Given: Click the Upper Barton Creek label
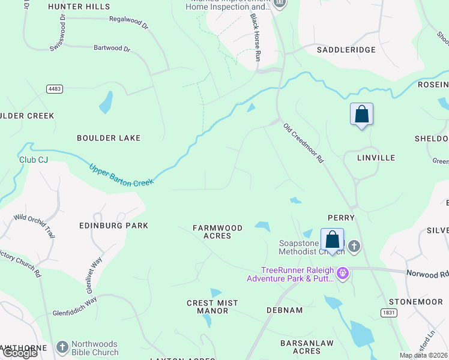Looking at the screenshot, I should click(122, 175).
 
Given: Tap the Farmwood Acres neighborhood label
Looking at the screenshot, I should click(217, 232).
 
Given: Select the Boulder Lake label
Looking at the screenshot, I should click(109, 138).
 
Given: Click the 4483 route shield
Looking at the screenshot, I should click(54, 89).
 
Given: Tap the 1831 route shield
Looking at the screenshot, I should click(388, 313).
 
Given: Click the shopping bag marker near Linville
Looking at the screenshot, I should click(361, 114).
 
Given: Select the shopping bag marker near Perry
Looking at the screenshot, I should click(332, 239).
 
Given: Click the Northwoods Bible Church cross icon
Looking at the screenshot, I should click(62, 347).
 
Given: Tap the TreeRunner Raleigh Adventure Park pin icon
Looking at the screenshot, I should click(343, 274).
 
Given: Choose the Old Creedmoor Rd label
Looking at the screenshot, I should click(303, 143).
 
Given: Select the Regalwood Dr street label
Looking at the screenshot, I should click(127, 20).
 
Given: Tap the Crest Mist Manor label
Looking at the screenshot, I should click(212, 307).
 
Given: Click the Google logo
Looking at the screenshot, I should click(20, 353).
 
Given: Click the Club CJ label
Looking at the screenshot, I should click(32, 160).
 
